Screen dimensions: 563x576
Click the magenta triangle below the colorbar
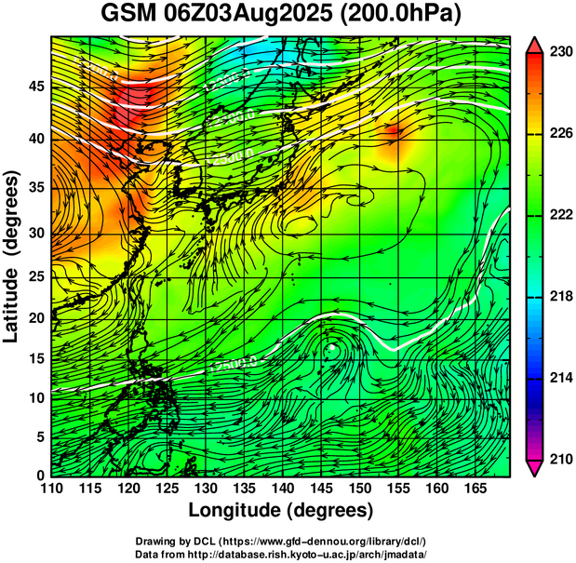535,468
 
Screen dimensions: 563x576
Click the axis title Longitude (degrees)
281,510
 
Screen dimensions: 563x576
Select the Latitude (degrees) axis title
12,256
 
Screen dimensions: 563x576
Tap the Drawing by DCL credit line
281,541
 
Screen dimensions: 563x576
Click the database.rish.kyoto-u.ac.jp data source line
281,554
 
